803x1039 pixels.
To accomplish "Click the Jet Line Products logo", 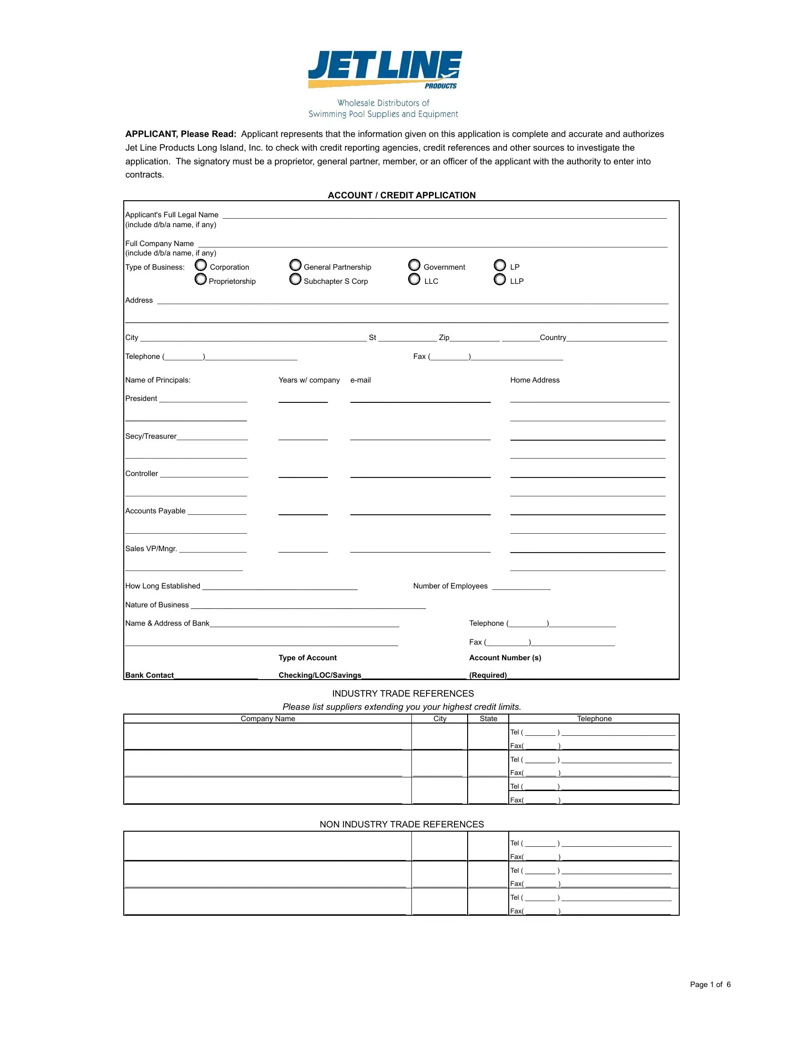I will point(384,70).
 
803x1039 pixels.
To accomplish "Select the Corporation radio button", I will point(201,265).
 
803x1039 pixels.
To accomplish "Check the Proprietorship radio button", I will point(201,279).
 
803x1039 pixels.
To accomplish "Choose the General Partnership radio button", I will point(295,265).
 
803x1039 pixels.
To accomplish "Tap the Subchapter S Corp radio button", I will point(295,279).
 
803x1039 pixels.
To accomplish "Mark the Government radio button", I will point(414,265).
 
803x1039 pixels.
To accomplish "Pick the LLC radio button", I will point(414,279).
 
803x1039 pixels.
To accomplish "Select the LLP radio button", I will point(499,279).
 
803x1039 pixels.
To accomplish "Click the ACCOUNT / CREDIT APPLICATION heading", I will point(401,195).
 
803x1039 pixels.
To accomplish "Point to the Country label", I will point(553,337).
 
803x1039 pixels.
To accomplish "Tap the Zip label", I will point(444,337).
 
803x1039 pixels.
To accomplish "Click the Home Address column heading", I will point(535,380).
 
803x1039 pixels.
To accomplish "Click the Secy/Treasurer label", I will point(151,436).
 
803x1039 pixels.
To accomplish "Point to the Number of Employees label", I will point(450,586).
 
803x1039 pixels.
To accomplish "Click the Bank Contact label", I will point(149,675).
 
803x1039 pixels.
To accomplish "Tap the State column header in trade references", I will point(488,718).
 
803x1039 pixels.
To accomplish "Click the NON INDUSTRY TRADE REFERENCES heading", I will point(401,824).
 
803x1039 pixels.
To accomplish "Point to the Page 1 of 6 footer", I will point(710,984).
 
